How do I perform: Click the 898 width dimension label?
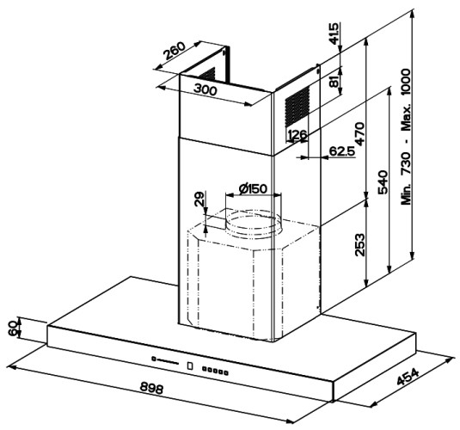click(151, 388)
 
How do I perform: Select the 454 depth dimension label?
click(408, 377)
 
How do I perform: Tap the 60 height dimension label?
click(13, 328)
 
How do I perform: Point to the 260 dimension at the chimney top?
click(175, 51)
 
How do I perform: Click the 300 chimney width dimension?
click(205, 89)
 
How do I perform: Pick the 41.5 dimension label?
click(334, 34)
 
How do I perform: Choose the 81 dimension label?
click(334, 79)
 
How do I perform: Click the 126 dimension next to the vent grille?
click(297, 135)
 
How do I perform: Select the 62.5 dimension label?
click(341, 150)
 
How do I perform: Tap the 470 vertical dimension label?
click(359, 133)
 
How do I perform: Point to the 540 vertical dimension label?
click(383, 182)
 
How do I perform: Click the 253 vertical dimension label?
click(359, 245)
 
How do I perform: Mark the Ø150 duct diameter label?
click(253, 188)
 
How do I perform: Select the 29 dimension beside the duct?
click(199, 199)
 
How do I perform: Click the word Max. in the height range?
click(406, 118)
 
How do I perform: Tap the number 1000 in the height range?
click(406, 82)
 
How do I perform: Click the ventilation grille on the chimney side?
click(297, 106)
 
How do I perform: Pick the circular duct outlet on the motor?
click(253, 224)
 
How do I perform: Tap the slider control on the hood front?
click(165, 360)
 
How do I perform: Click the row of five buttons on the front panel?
click(215, 371)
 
